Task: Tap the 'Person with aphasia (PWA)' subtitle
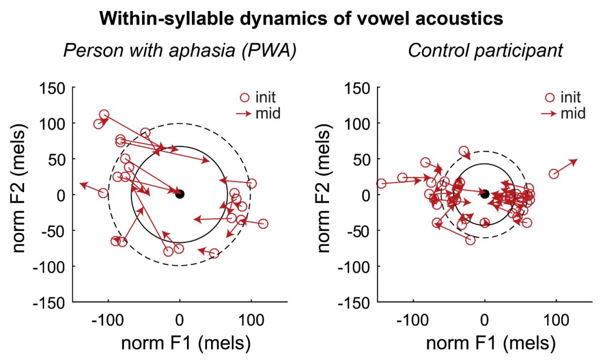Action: pos(180,50)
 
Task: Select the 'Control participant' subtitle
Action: pos(485,50)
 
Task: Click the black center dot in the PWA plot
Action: pos(180,194)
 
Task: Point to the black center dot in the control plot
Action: pos(485,194)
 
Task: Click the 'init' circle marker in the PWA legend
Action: pos(245,98)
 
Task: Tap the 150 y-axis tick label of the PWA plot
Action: pos(52,88)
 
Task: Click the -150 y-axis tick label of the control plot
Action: pos(354,303)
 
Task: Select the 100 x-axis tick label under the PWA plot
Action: pos(251,320)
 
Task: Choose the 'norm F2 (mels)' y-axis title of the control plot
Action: pos(323,189)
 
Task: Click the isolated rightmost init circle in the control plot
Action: pos(553,174)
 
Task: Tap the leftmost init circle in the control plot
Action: pos(381,184)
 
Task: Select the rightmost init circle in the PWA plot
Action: pos(263,223)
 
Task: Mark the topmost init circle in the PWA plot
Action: pos(104,115)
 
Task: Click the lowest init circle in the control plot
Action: pos(470,240)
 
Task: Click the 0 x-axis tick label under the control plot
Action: pos(484,320)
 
